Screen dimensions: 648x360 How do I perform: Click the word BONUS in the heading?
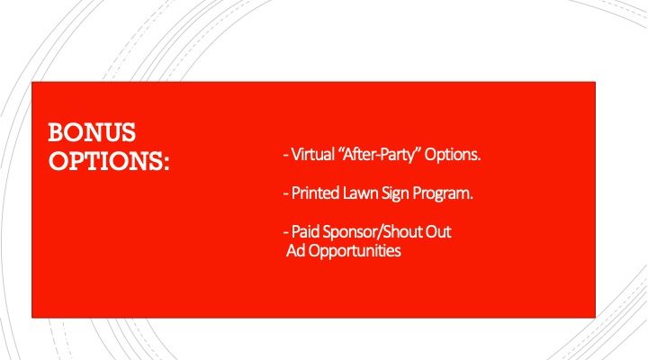pos(92,132)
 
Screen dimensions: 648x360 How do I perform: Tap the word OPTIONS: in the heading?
pos(109,160)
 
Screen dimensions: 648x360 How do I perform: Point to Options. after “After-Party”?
pos(453,155)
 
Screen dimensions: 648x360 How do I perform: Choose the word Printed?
pos(315,193)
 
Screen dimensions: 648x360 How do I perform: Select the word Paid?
pos(305,231)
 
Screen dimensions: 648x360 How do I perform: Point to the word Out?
pos(438,231)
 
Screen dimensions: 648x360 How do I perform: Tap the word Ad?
pos(296,250)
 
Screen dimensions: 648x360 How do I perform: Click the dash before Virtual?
pos(285,156)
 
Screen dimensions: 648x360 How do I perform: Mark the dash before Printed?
pos(285,194)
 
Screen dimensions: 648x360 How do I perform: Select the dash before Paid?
pos(285,233)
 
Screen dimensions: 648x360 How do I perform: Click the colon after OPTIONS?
pos(166,163)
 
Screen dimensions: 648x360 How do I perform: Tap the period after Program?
pos(471,199)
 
